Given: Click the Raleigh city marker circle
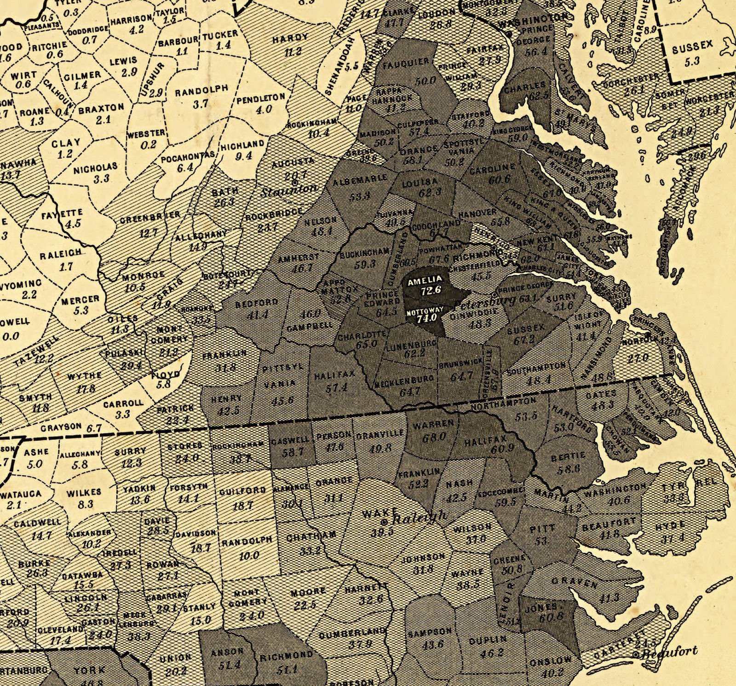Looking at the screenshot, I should pyautogui.click(x=385, y=521).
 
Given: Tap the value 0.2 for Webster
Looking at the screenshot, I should pyautogui.click(x=149, y=144).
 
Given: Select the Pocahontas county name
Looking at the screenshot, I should pyautogui.click(x=188, y=157).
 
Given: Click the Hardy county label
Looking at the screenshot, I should pyautogui.click(x=290, y=38).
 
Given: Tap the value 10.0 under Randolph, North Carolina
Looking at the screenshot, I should pyautogui.click(x=249, y=555).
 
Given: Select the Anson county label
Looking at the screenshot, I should pyautogui.click(x=227, y=651).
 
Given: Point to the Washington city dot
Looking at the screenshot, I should pyautogui.click(x=509, y=35).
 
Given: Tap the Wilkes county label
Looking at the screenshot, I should pyautogui.click(x=84, y=493).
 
